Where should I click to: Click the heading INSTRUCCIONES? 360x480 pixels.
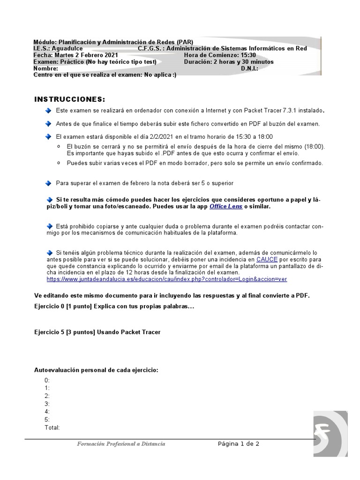(70, 100)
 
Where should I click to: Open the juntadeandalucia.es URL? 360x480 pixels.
(167, 279)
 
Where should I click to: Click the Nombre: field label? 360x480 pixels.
(46, 68)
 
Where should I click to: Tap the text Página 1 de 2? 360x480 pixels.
(239, 444)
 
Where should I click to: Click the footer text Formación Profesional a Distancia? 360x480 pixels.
(121, 444)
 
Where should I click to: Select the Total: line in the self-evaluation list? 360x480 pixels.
(52, 427)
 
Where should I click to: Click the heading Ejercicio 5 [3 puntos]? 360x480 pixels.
(97, 332)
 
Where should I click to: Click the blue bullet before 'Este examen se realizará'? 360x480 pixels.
(49, 110)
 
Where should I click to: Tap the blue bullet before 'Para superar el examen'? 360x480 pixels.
(49, 183)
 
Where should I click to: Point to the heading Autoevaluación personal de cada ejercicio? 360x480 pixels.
(97, 370)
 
